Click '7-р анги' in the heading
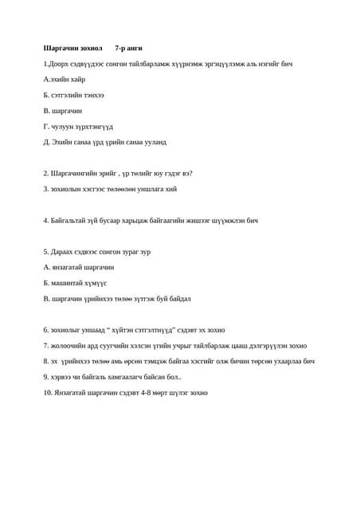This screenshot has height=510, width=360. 128,48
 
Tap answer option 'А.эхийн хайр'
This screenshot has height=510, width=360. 65,80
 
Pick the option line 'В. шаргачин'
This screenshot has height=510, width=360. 63,111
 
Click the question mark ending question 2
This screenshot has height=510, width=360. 190,173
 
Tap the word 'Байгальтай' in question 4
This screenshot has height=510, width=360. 68,220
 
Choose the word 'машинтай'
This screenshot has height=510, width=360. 68,283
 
